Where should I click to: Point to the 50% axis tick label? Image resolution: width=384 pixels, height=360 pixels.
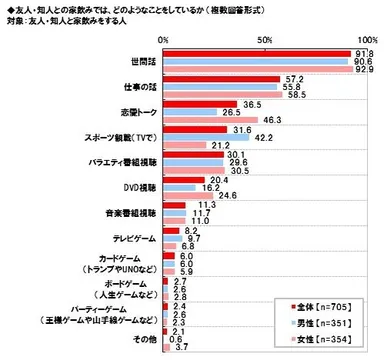tap(265, 38)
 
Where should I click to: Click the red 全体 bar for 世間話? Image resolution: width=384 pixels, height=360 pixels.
tap(257, 51)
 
